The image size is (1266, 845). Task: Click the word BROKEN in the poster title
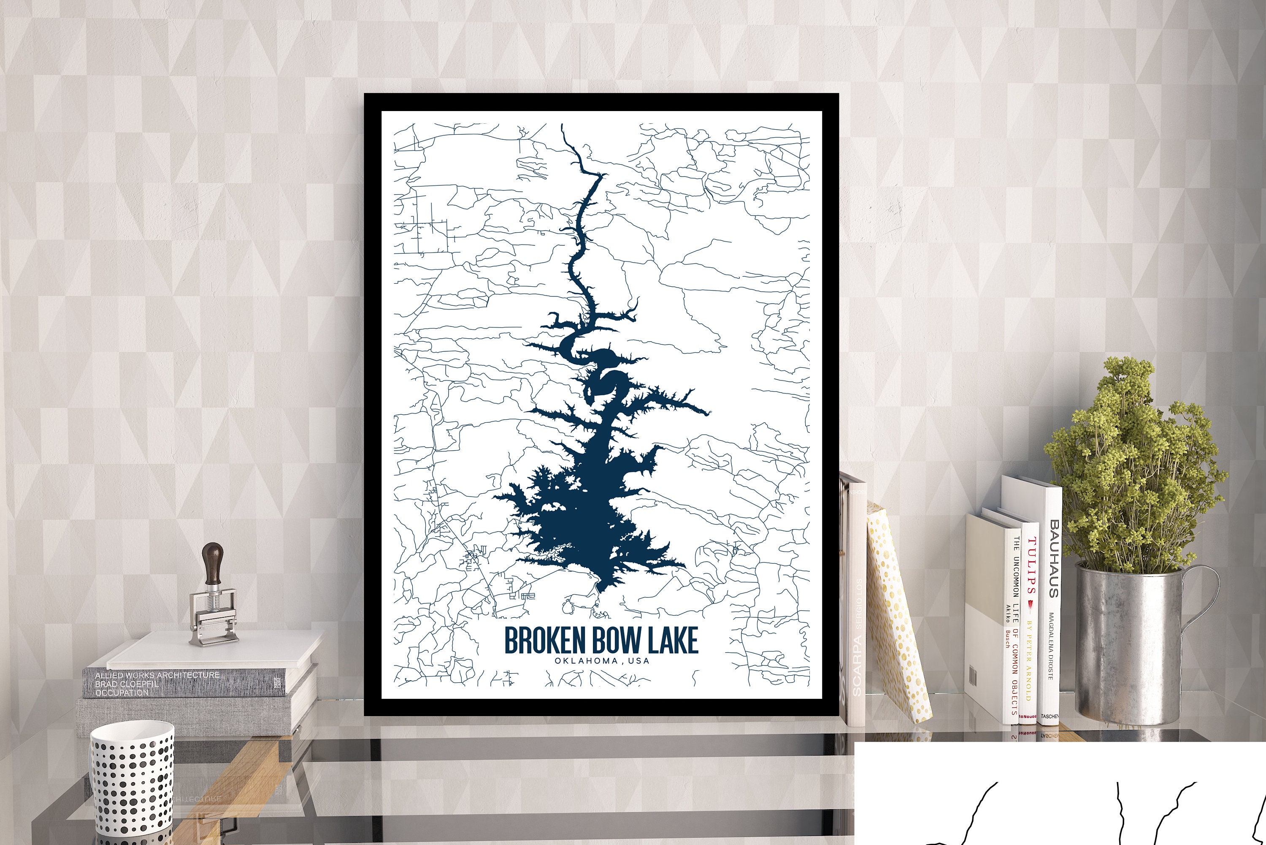(x=544, y=640)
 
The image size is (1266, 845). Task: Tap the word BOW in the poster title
(x=619, y=640)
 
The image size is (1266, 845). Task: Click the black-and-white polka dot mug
(x=132, y=781)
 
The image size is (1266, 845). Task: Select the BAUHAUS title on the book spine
(x=1054, y=558)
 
